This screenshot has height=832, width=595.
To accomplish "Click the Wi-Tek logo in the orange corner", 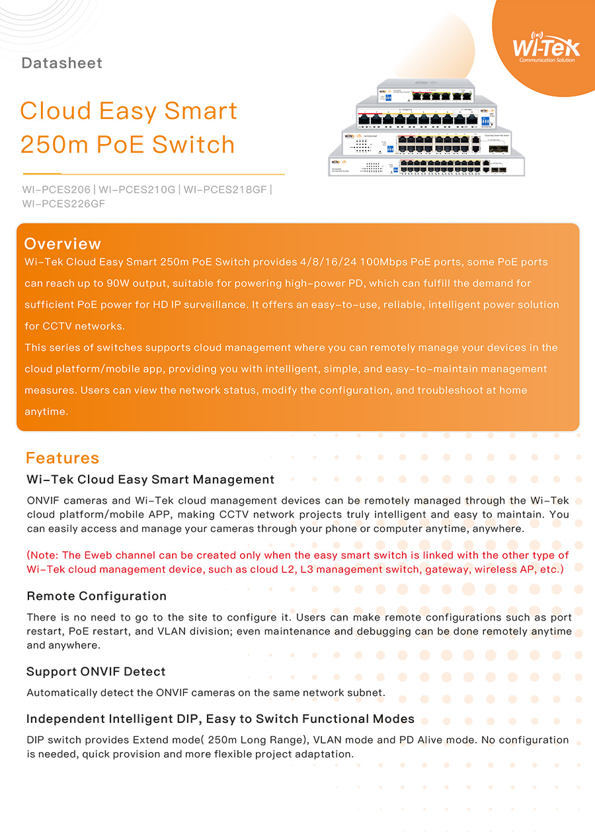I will (546, 48).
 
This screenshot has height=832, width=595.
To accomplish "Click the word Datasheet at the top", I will (62, 63).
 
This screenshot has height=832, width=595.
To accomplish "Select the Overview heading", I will (63, 244).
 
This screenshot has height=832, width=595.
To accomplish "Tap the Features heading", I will (62, 458).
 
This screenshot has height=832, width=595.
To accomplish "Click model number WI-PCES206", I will (56, 190).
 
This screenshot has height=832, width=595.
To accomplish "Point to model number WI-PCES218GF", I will (225, 190).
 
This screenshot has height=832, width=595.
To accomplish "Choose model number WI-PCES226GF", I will (63, 204).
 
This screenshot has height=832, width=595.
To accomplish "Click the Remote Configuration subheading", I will (97, 596).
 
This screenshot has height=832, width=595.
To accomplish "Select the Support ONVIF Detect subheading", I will (96, 671).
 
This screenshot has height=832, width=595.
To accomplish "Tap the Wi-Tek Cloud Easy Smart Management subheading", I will (150, 479).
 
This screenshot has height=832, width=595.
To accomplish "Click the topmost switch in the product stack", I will (427, 91).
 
